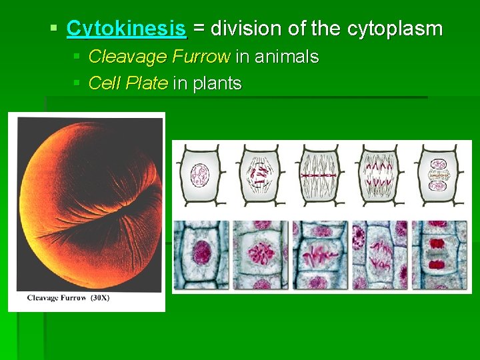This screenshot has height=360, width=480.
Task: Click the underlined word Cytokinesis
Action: point(127,29)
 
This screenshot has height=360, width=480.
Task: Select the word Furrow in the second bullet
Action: point(201,57)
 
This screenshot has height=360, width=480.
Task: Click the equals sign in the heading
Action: point(199,29)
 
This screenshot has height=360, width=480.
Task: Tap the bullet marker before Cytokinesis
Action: point(54,29)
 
